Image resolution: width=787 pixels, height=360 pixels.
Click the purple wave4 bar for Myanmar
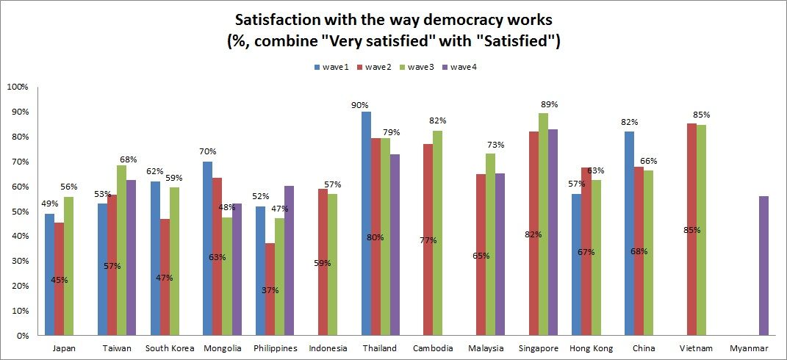click(x=764, y=265)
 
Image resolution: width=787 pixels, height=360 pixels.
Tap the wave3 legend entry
click(x=417, y=67)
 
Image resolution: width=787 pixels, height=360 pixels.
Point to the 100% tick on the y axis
click(x=17, y=87)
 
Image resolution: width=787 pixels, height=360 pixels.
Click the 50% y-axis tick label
click(x=18, y=211)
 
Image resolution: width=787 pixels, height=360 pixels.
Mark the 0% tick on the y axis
click(x=21, y=335)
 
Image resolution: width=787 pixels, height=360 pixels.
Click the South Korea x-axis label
click(x=170, y=348)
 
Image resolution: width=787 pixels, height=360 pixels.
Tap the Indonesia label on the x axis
click(x=328, y=348)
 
